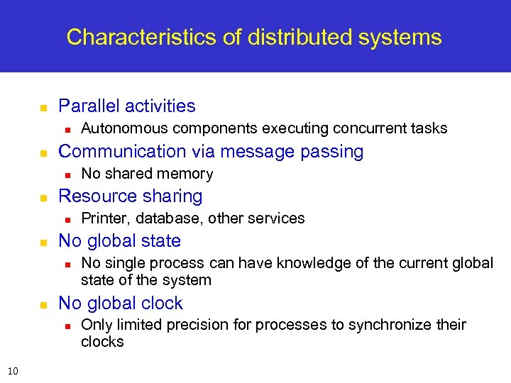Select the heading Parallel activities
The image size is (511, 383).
click(126, 106)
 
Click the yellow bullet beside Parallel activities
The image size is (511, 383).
click(43, 108)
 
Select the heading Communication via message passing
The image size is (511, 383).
click(210, 152)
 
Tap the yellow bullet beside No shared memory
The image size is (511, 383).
click(65, 174)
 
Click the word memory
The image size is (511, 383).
click(186, 174)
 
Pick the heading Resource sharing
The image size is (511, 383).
click(130, 196)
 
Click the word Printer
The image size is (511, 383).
click(104, 218)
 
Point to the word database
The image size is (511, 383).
click(170, 218)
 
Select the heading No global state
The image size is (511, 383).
click(119, 241)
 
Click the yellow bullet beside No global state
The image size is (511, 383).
click(43, 243)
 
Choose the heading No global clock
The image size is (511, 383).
click(120, 304)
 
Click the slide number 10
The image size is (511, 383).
click(13, 370)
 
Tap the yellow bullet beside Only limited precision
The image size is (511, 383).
click(65, 326)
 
